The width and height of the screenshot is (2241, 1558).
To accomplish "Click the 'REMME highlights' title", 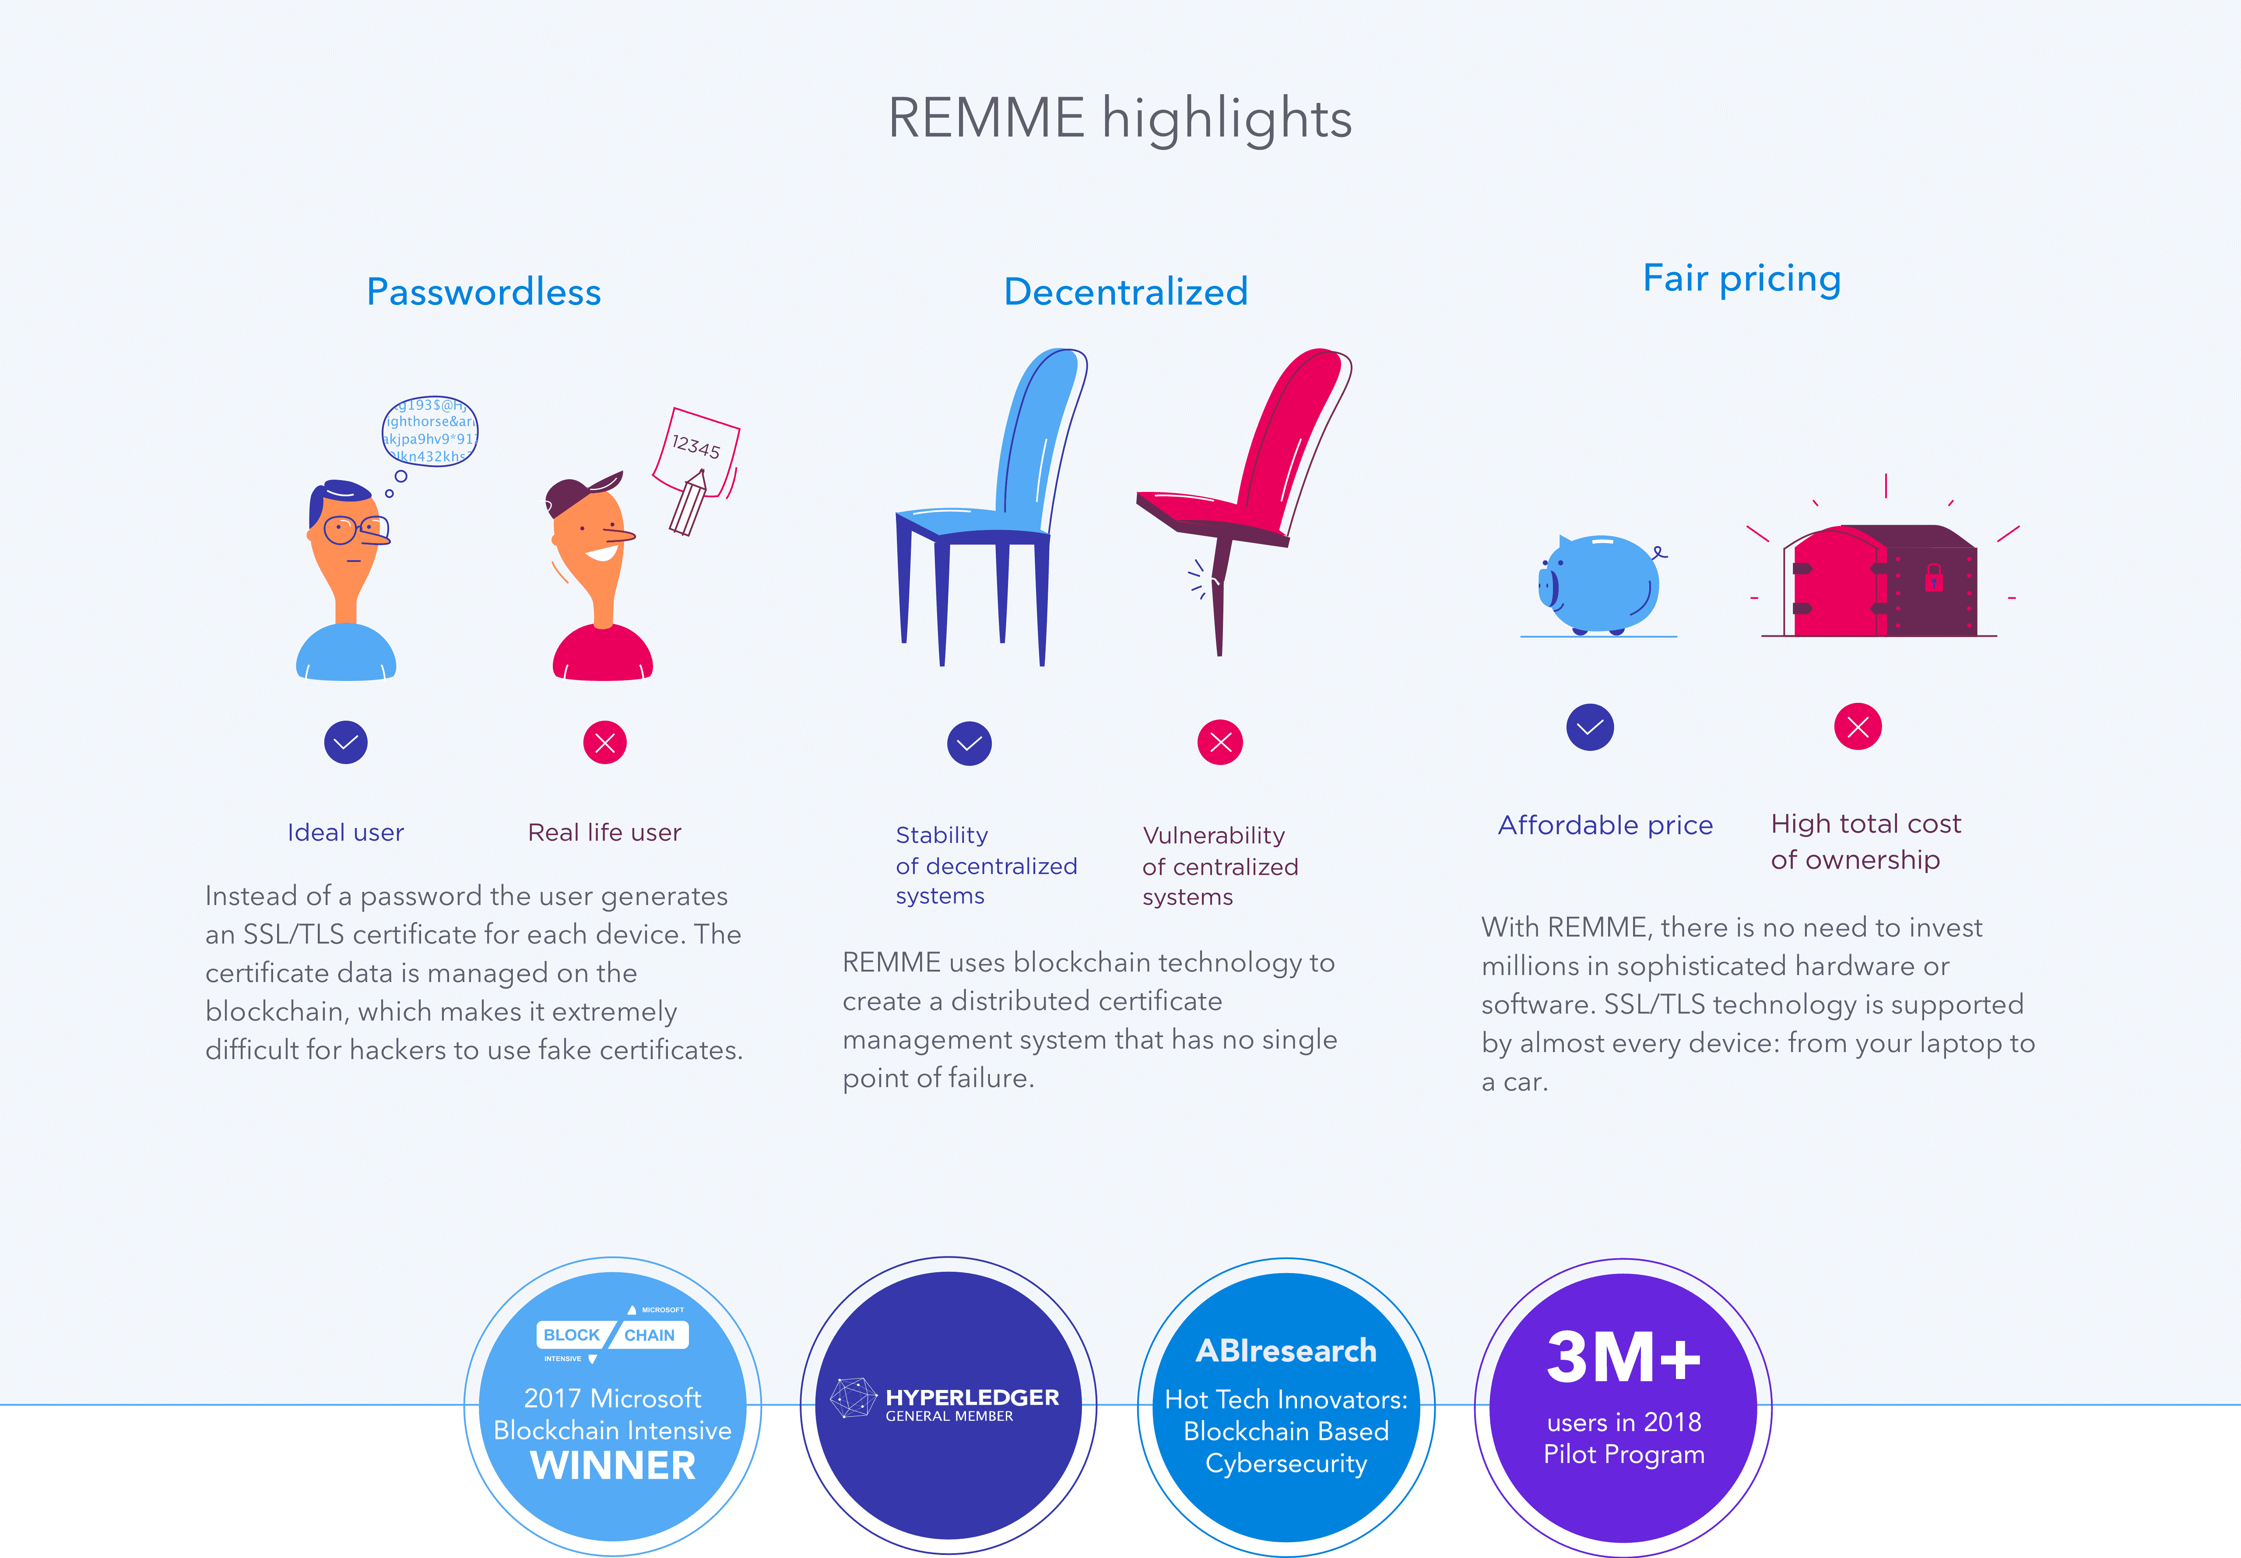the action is pyautogui.click(x=1120, y=119).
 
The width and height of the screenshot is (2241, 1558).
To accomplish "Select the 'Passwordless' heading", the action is pyautogui.click(x=484, y=292).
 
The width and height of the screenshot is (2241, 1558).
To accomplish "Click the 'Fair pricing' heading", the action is pyautogui.click(x=1742, y=279).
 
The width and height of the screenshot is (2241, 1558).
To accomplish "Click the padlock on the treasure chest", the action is pyautogui.click(x=1934, y=578).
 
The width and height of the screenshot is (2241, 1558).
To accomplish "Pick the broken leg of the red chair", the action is pyautogui.click(x=1220, y=596).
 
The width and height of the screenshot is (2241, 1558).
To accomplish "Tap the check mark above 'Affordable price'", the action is pyautogui.click(x=1590, y=727).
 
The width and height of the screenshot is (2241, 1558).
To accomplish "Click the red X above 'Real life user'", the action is pyautogui.click(x=605, y=743).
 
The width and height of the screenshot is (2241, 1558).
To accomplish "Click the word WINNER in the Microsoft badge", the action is pyautogui.click(x=613, y=1466).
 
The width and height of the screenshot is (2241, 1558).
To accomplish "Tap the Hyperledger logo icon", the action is pyautogui.click(x=853, y=1398).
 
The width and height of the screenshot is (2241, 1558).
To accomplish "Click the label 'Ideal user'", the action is pyautogui.click(x=345, y=833).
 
